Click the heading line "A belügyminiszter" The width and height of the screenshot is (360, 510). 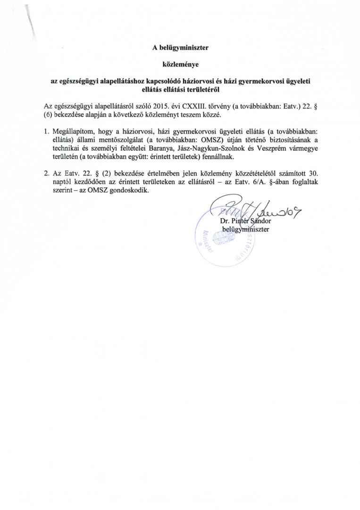[180, 47]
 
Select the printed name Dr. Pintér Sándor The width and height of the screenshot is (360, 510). [245, 221]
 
